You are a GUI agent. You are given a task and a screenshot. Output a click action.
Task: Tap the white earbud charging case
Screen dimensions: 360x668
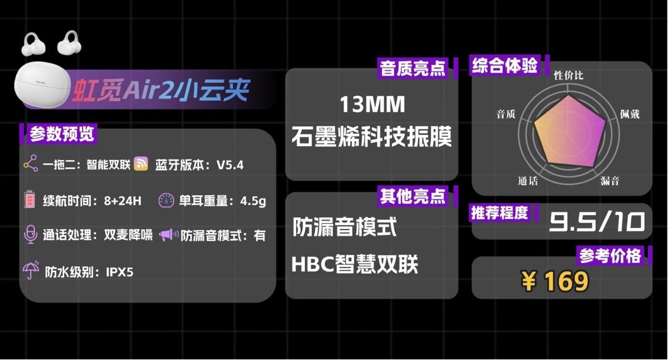click(42, 83)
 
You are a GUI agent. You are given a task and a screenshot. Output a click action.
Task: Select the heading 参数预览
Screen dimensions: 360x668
click(62, 134)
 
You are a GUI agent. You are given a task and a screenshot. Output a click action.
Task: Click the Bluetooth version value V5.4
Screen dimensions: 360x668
click(230, 165)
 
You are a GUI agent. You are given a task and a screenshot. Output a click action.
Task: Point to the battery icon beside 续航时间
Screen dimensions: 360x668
click(30, 200)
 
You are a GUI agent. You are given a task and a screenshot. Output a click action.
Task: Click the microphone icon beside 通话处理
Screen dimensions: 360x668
click(30, 235)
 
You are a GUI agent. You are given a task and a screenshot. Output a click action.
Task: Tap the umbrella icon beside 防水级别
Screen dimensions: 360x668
click(30, 271)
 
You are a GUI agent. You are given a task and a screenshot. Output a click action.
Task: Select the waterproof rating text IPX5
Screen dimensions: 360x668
click(120, 272)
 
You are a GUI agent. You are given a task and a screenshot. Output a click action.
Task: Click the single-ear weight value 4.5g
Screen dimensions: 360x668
click(253, 201)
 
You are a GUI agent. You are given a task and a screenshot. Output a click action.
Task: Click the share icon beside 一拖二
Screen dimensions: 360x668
click(30, 164)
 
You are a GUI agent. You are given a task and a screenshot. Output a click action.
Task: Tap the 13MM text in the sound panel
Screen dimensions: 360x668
click(372, 105)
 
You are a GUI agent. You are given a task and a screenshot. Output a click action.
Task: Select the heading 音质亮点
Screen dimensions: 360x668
click(412, 69)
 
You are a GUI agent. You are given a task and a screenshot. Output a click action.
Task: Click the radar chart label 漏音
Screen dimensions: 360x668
click(610, 181)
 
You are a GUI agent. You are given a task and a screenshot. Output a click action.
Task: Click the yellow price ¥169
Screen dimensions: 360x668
click(555, 282)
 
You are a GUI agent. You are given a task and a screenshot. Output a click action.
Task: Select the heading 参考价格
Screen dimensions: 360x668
click(610, 256)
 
